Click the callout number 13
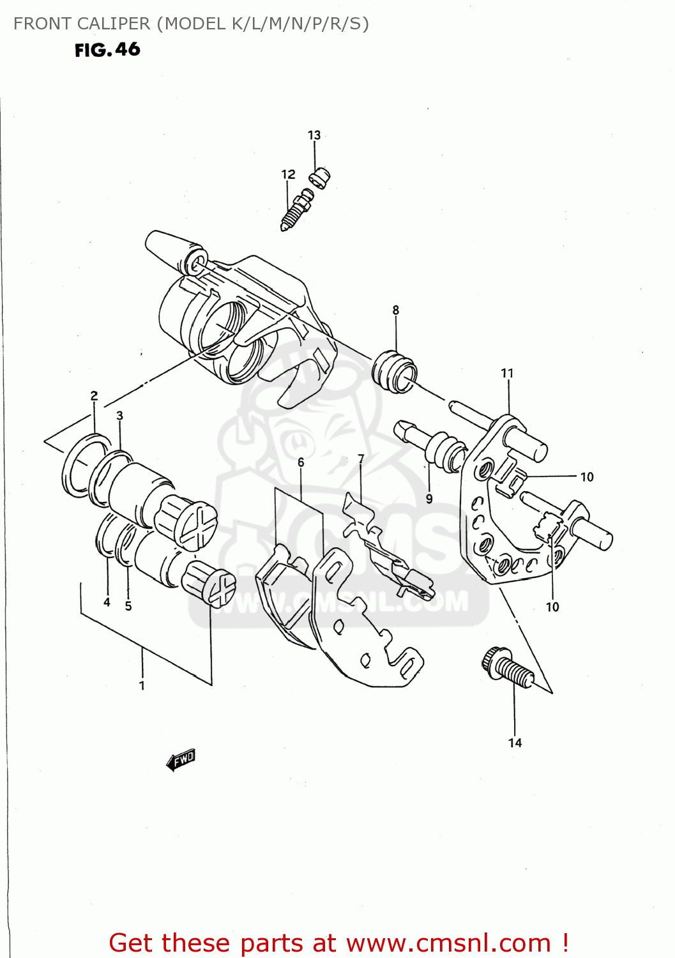314,135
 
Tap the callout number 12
288,174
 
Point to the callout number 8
396,310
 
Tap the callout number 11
507,373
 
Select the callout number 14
515,743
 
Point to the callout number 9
429,499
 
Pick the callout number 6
301,462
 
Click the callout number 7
361,459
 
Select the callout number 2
94,395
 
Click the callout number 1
142,685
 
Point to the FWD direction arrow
181,759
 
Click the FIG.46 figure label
107,50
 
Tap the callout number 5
128,605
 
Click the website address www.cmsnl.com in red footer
448,943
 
